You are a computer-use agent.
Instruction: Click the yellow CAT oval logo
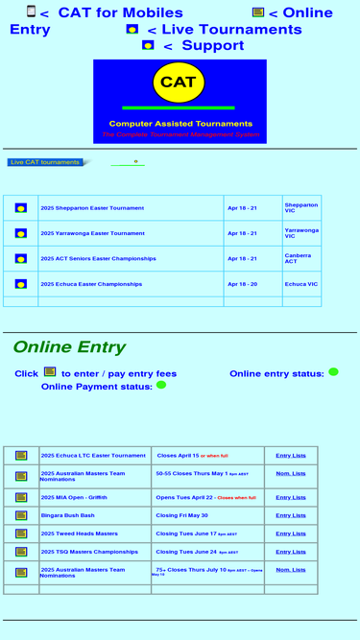(179, 83)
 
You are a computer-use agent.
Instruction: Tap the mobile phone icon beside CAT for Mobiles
(31, 12)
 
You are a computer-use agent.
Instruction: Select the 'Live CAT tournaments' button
(45, 162)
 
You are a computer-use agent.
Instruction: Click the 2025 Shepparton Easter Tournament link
(92, 208)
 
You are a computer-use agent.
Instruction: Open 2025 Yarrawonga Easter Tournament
(92, 233)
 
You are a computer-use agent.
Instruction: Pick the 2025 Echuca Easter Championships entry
(91, 284)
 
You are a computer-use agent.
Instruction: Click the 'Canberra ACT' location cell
(298, 259)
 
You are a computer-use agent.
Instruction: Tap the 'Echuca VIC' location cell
(301, 284)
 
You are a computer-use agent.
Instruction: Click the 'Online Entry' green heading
(69, 347)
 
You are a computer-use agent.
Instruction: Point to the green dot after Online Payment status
(161, 385)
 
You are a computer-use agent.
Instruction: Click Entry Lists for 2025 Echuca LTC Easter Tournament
(291, 456)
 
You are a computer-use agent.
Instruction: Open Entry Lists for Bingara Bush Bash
(291, 515)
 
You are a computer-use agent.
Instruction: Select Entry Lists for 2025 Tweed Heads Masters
(291, 533)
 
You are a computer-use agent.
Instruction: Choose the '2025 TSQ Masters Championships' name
(89, 552)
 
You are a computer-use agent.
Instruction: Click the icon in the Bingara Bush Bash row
(21, 515)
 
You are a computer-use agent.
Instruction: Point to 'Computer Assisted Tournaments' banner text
(180, 124)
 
